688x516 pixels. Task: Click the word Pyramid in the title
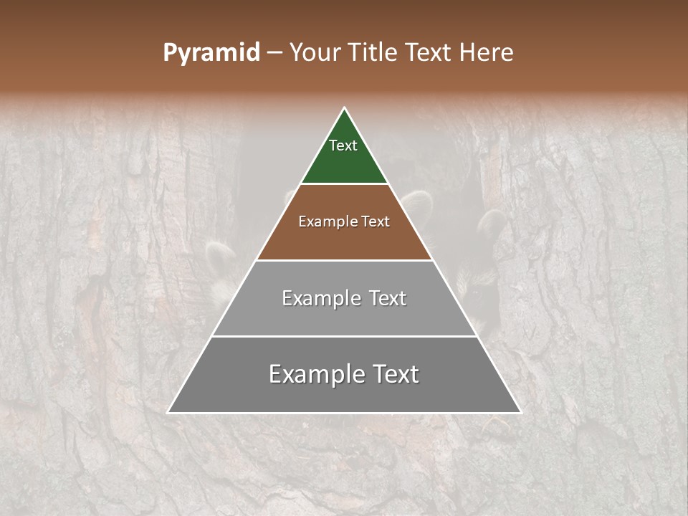tap(211, 53)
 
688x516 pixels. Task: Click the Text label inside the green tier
tap(343, 145)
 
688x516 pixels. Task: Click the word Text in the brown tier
tap(376, 221)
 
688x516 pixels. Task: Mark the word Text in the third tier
tap(388, 298)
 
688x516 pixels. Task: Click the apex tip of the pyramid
tap(344, 109)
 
